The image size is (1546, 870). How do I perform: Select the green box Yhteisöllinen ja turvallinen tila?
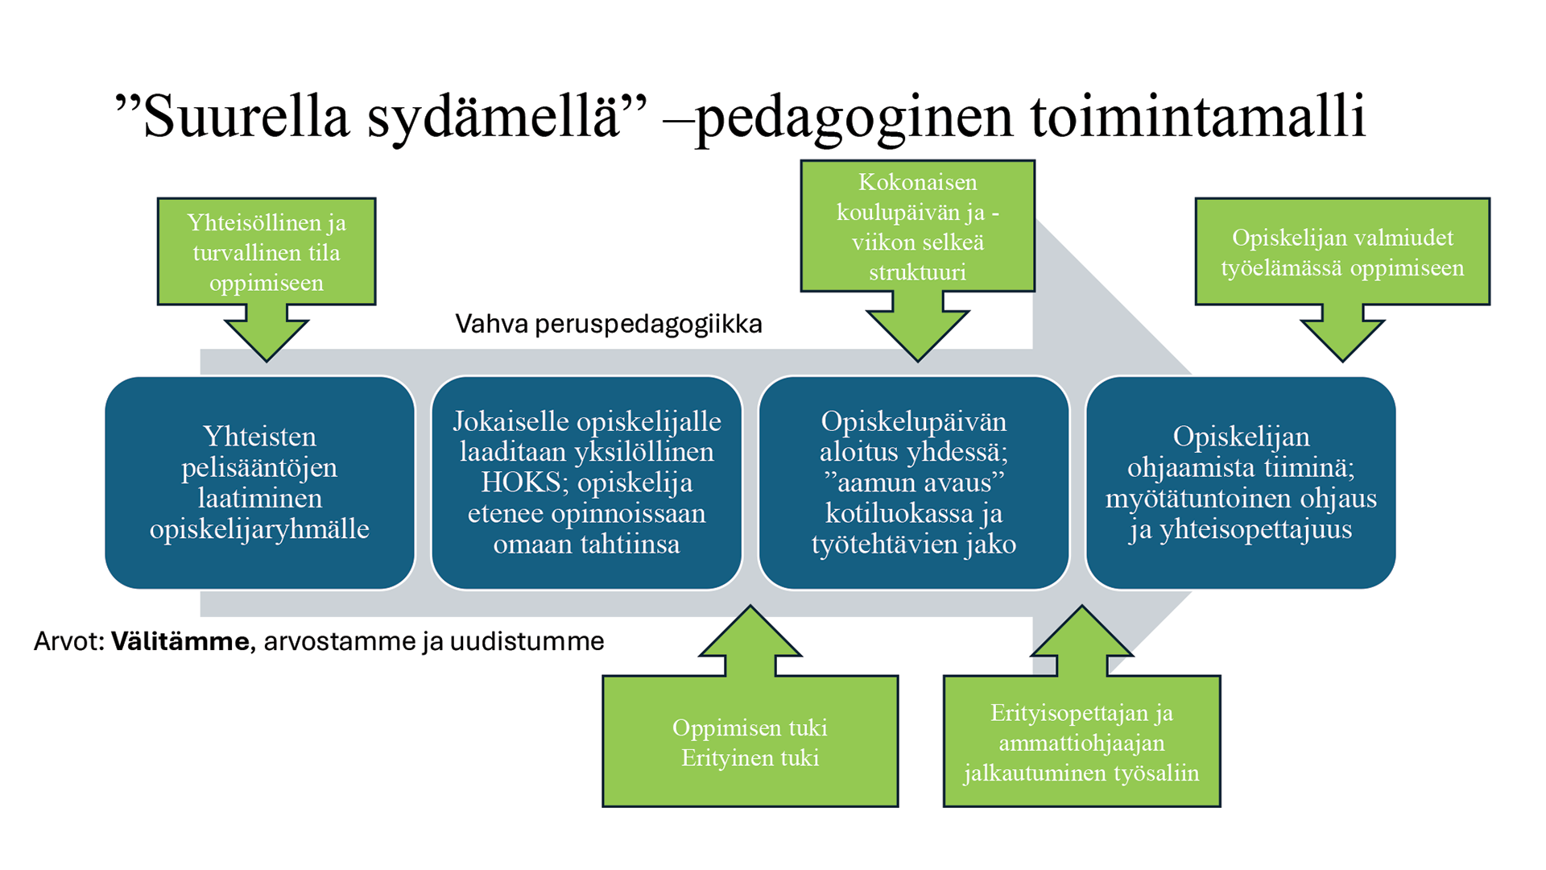(267, 251)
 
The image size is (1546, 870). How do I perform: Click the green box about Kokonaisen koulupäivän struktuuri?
(917, 226)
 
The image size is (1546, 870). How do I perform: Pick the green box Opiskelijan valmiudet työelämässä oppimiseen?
(1342, 251)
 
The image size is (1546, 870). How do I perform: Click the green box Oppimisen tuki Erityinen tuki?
(750, 742)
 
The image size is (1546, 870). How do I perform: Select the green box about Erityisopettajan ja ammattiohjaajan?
(1081, 742)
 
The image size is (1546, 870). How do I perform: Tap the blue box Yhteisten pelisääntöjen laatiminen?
(259, 482)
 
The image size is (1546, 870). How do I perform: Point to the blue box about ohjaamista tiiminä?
(1240, 482)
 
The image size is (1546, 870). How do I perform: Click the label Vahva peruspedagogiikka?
(608, 324)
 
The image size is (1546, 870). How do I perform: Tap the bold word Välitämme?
(180, 641)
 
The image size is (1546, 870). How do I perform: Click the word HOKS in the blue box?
(521, 483)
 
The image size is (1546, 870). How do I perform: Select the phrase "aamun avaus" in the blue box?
(913, 483)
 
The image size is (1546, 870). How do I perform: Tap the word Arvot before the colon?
(66, 641)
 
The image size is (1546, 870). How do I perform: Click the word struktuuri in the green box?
(917, 272)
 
